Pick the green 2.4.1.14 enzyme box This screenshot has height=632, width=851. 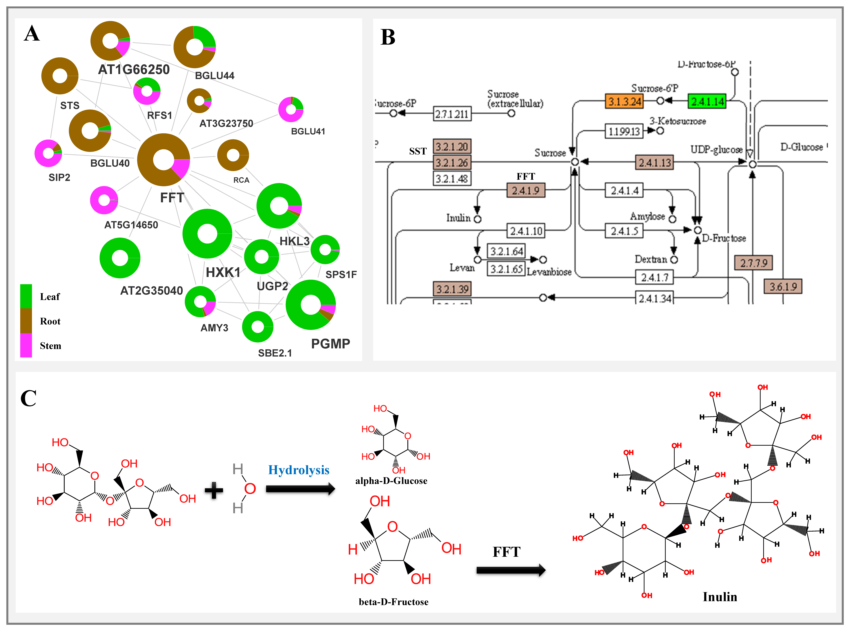click(x=707, y=101)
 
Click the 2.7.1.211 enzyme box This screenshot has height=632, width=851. click(x=452, y=114)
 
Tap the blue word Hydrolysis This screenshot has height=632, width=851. click(x=299, y=470)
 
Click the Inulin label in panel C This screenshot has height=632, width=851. click(x=720, y=597)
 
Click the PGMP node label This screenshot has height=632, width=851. click(x=330, y=344)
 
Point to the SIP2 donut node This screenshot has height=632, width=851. click(x=48, y=153)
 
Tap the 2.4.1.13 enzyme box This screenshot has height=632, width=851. click(x=655, y=163)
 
